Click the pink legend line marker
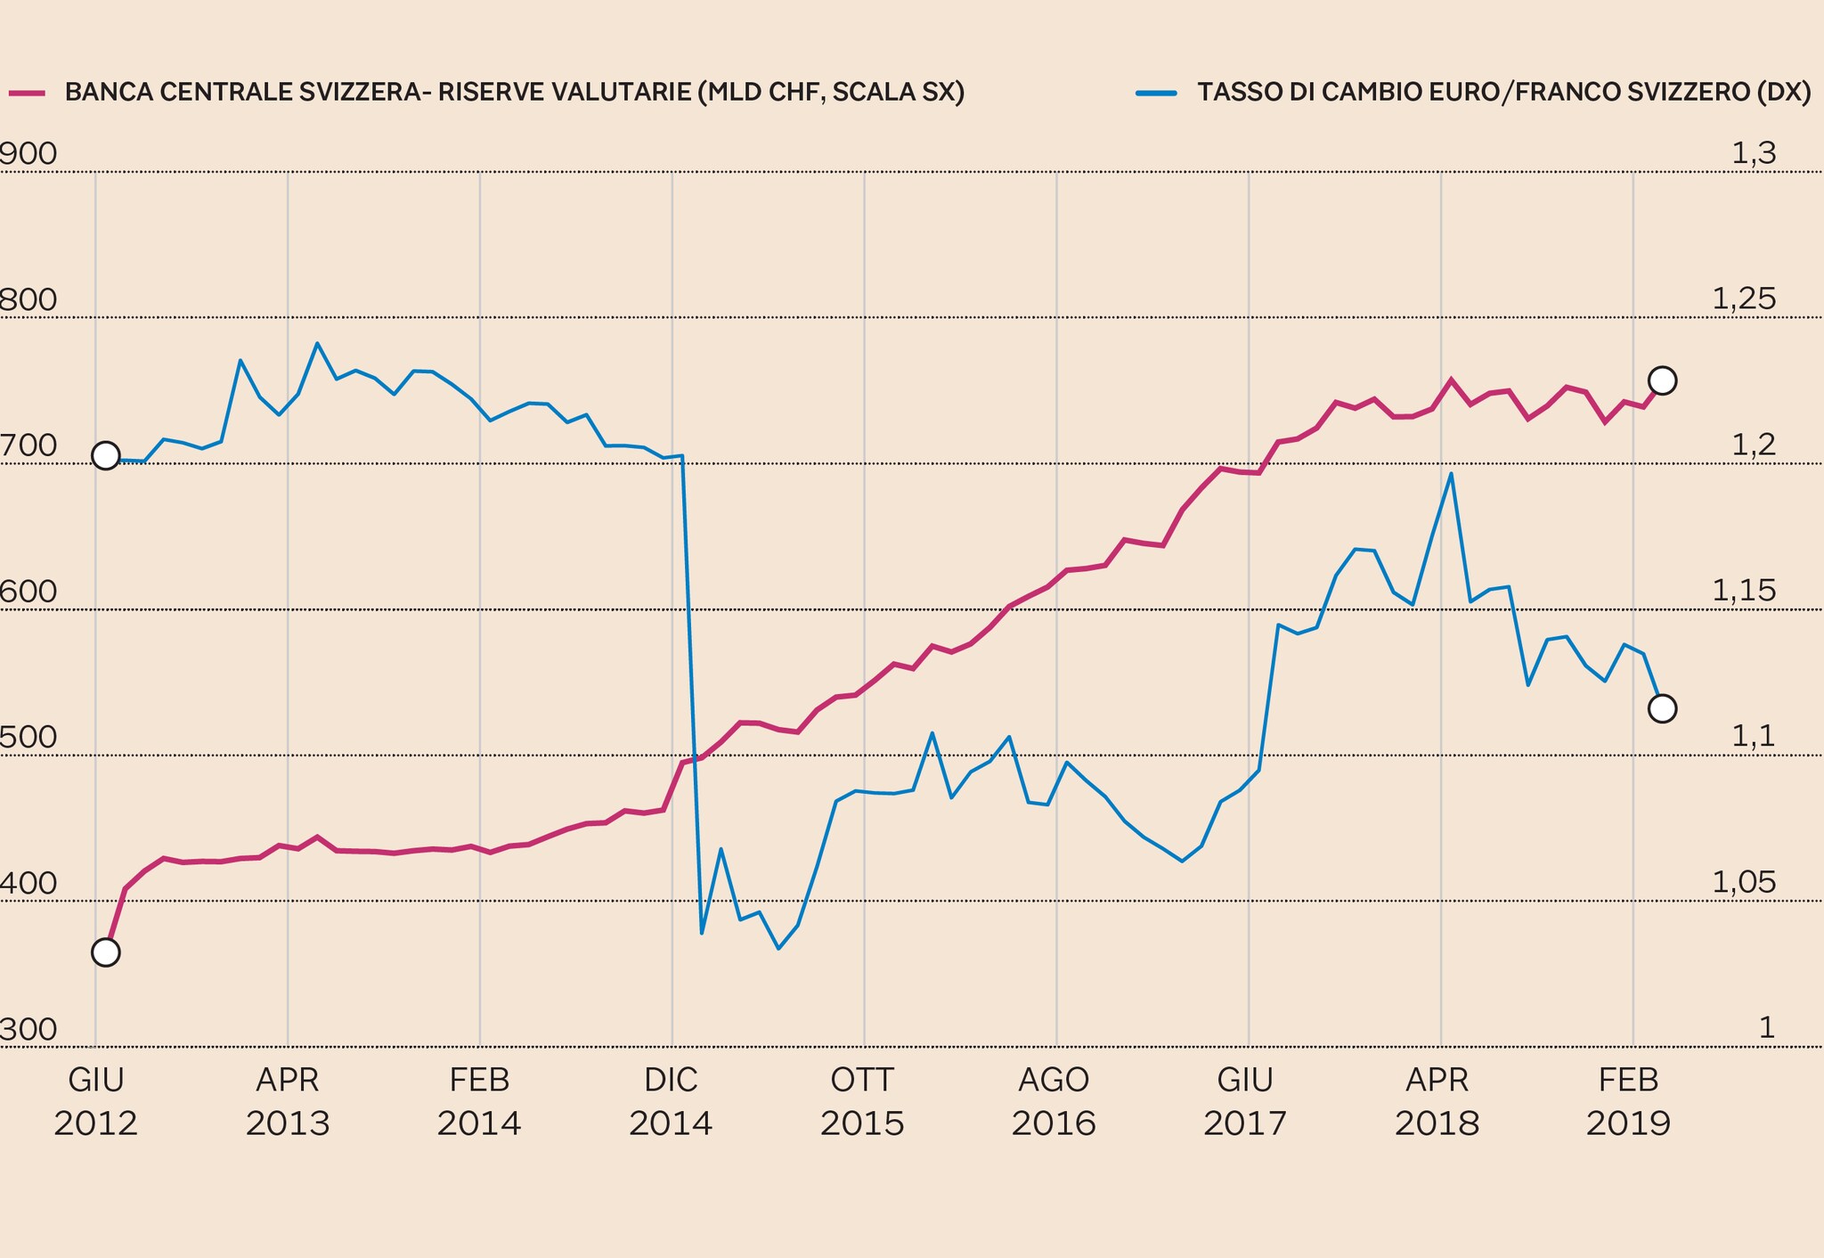27,93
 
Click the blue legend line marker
1156,93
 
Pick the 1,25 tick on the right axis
1743,300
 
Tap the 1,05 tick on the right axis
1743,884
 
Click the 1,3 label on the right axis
1753,155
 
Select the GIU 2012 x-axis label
95,1102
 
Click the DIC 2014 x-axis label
671,1102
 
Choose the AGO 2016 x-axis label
1054,1102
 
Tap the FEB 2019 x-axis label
1629,1102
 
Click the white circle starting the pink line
106,952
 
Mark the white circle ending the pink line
1662,380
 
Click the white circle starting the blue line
106,456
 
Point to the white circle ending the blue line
1662,708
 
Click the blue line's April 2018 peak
1451,474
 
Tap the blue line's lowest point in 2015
778,949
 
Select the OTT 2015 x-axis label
862,1102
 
